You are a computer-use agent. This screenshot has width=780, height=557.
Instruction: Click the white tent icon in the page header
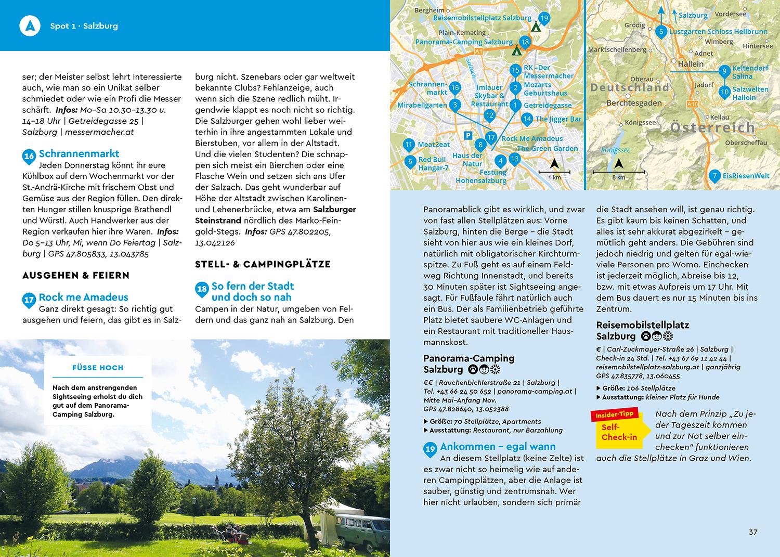(30, 25)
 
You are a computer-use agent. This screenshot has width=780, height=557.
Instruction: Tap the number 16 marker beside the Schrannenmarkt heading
(29, 156)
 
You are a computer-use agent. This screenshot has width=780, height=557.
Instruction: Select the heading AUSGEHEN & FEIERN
(76, 275)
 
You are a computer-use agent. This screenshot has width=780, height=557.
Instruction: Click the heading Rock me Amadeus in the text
(83, 297)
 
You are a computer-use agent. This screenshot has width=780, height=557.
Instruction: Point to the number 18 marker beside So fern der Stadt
(202, 289)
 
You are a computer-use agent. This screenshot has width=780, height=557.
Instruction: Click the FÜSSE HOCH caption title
(98, 368)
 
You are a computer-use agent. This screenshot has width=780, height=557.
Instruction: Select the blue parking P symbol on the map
(467, 135)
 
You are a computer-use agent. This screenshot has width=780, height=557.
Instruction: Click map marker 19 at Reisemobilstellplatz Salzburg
(544, 19)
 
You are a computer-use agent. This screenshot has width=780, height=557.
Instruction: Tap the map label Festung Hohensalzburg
(481, 176)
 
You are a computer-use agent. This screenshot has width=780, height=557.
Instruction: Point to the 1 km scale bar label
(554, 177)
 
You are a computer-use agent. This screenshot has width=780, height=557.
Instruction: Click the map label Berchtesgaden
(634, 103)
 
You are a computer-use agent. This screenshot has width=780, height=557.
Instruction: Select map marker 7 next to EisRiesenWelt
(715, 176)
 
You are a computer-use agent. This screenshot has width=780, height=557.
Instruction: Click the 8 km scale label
(618, 177)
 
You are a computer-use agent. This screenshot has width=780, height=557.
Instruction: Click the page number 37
(753, 532)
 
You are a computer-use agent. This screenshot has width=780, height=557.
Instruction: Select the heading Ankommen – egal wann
(498, 446)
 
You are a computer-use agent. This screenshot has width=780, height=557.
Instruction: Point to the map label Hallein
(691, 64)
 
